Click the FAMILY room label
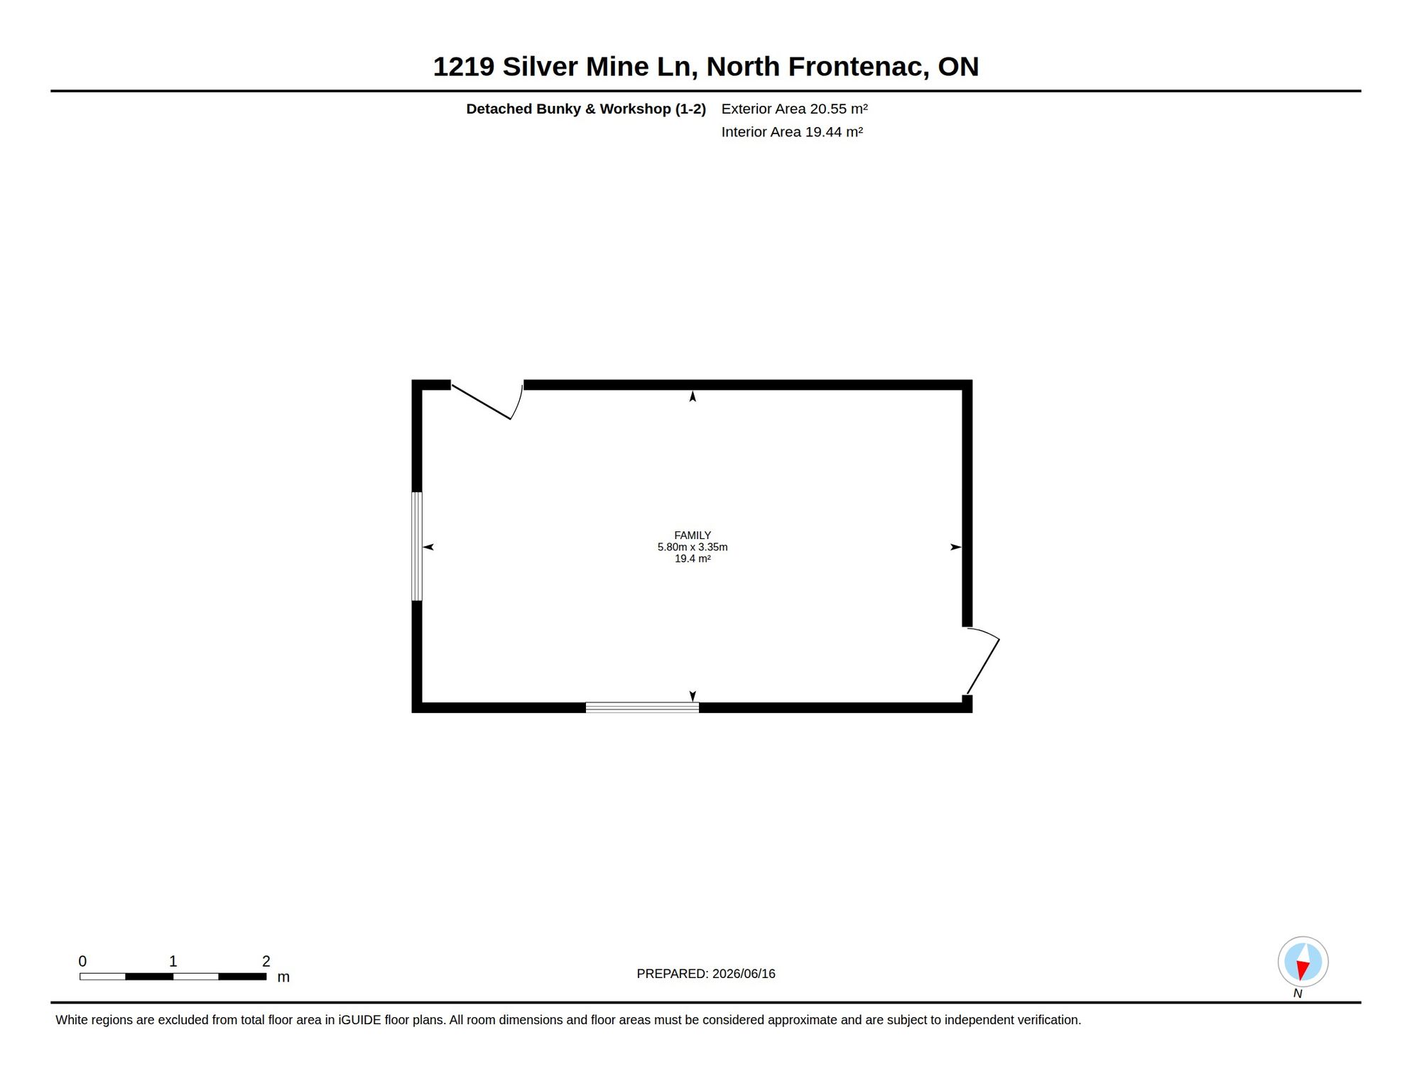pyautogui.click(x=693, y=536)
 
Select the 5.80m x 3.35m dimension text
pyautogui.click(x=693, y=547)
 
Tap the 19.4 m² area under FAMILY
pyautogui.click(x=693, y=558)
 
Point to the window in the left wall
pyautogui.click(x=417, y=546)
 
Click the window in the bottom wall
pyautogui.click(x=642, y=707)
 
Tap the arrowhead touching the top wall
pyautogui.click(x=693, y=396)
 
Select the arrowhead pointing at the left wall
pyautogui.click(x=428, y=547)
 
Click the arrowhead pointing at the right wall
pyautogui.click(x=956, y=547)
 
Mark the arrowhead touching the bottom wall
pyautogui.click(x=693, y=696)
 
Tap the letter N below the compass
pyautogui.click(x=1298, y=994)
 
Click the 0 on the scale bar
pyautogui.click(x=82, y=961)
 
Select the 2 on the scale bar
pyautogui.click(x=266, y=961)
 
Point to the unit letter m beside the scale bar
pyautogui.click(x=283, y=977)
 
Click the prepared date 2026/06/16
pyautogui.click(x=744, y=974)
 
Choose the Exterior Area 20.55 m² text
pyautogui.click(x=795, y=109)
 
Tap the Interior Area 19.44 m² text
pyautogui.click(x=792, y=132)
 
